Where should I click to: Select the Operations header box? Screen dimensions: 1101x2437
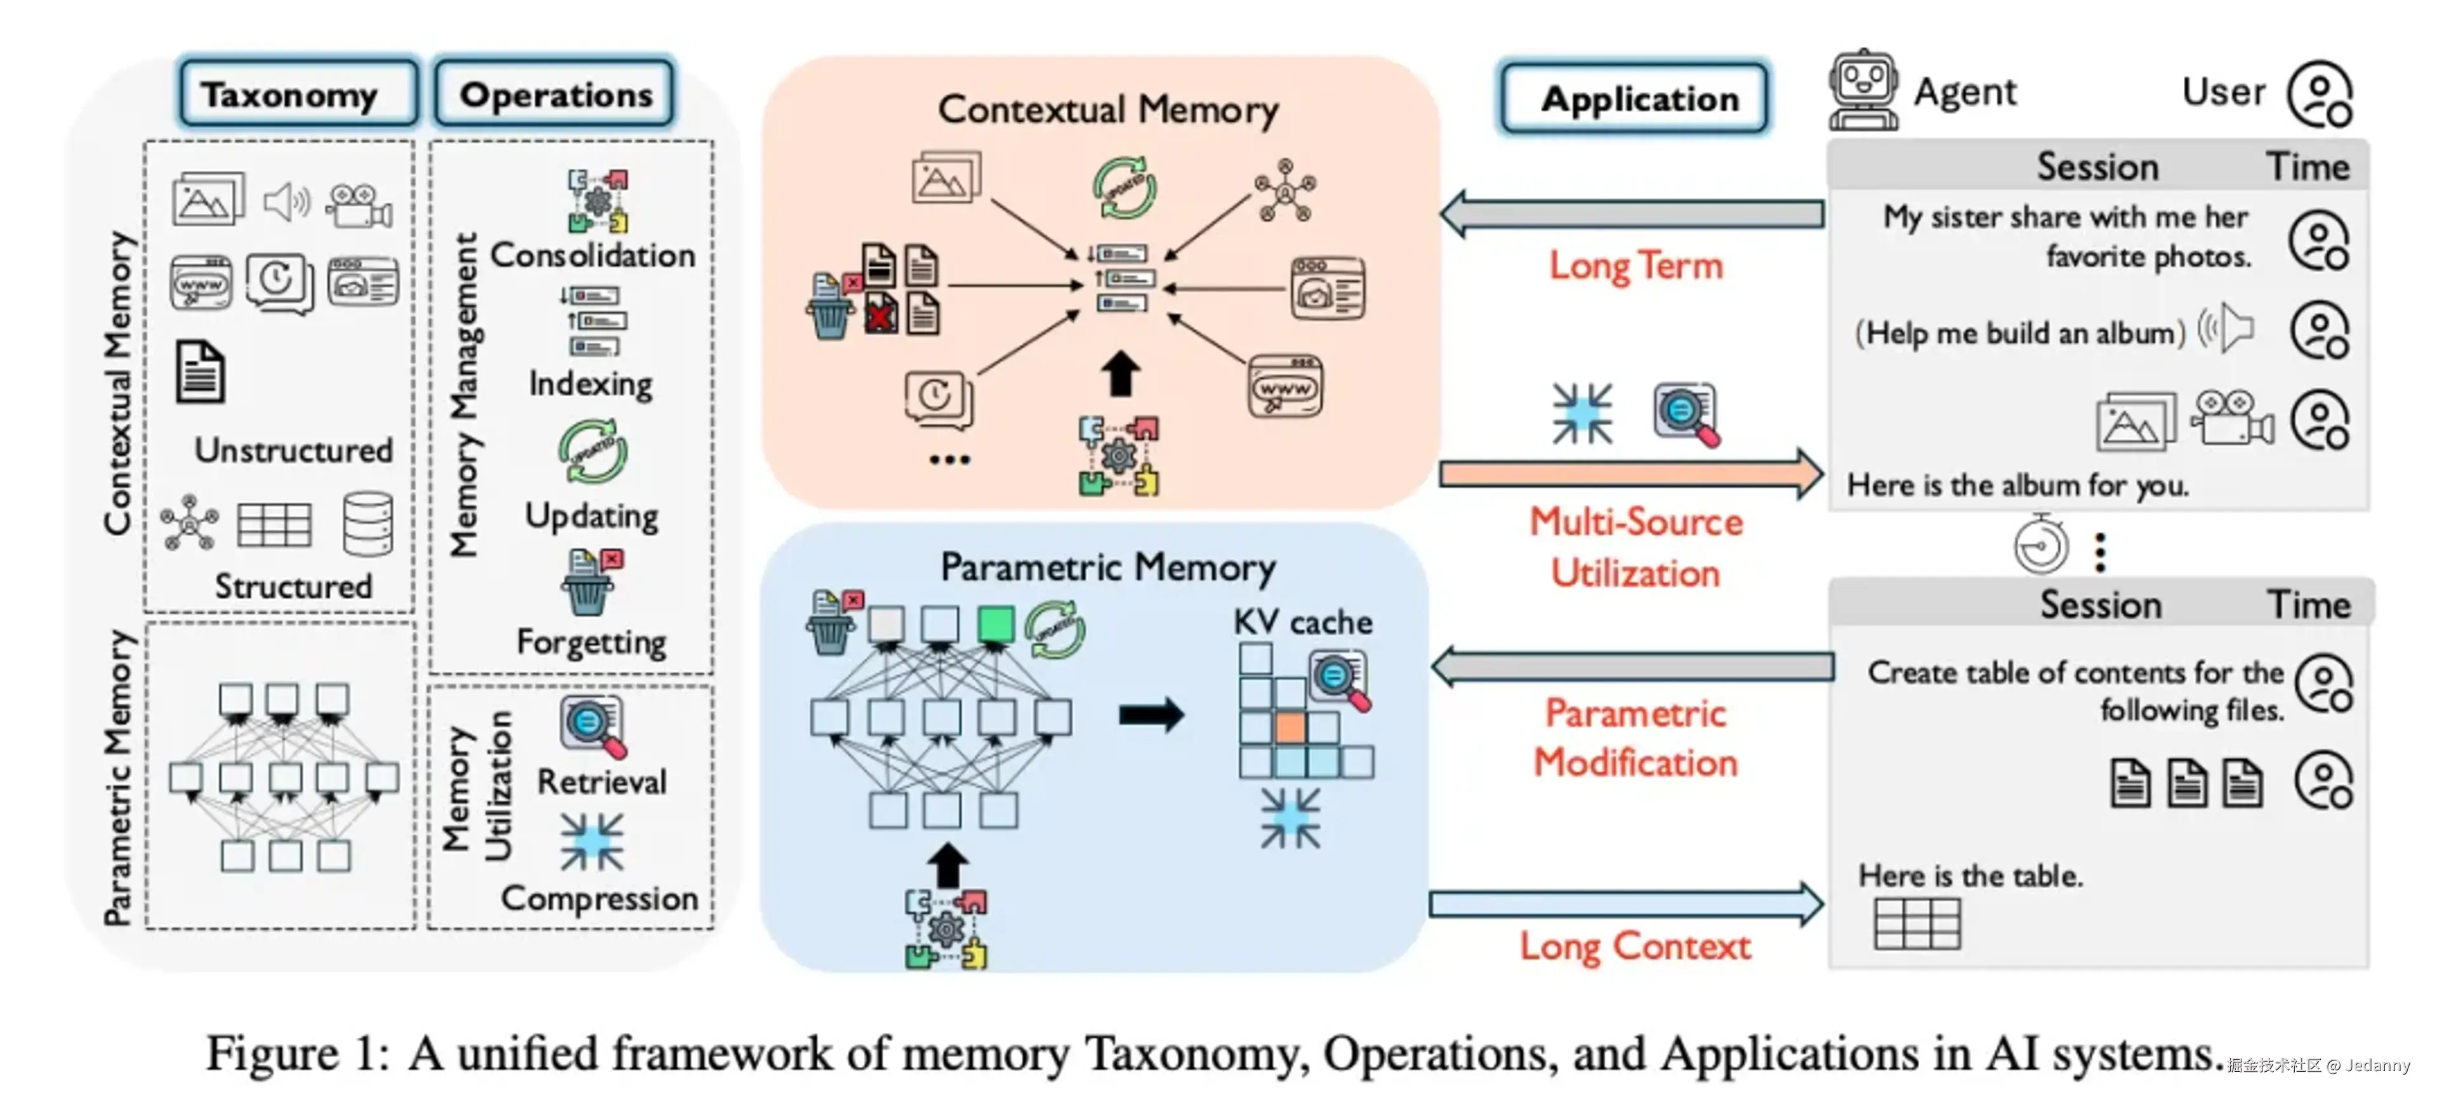[555, 94]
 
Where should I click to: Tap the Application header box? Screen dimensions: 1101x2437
[1634, 98]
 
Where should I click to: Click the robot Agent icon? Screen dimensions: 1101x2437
[1862, 90]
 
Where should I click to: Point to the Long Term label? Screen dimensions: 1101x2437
[1635, 266]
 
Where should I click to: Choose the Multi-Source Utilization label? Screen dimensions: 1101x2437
[1635, 548]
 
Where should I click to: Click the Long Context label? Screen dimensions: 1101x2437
[1635, 946]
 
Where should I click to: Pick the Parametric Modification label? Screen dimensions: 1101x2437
[1635, 738]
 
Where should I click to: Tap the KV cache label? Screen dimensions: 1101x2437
[1303, 621]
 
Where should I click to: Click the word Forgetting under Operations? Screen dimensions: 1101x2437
[591, 642]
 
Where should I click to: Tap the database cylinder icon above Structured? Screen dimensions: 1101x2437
[368, 523]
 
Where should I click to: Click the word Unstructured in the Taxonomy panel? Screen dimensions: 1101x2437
[293, 451]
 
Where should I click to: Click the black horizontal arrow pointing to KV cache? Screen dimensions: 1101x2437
[1151, 715]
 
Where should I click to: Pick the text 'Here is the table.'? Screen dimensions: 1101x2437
[1970, 876]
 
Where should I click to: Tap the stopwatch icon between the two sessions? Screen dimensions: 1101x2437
[2040, 545]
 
